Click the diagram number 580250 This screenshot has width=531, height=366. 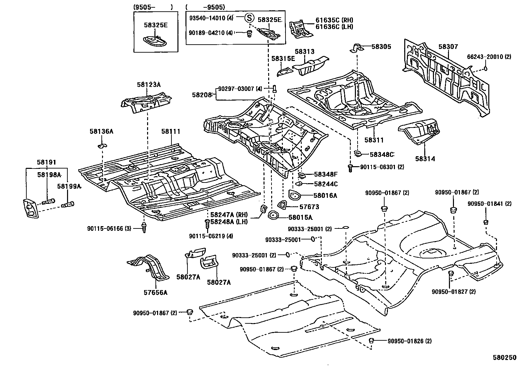coord(505,357)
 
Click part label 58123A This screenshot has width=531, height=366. coord(148,85)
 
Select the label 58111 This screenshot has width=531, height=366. coord(171,132)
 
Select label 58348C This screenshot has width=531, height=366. coord(382,155)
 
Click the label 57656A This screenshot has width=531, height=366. coord(155,293)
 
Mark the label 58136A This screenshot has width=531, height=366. coord(101,132)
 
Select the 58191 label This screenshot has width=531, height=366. coord(46,163)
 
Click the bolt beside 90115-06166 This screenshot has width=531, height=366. coord(144,228)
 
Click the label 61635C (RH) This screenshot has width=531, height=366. coord(334,20)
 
